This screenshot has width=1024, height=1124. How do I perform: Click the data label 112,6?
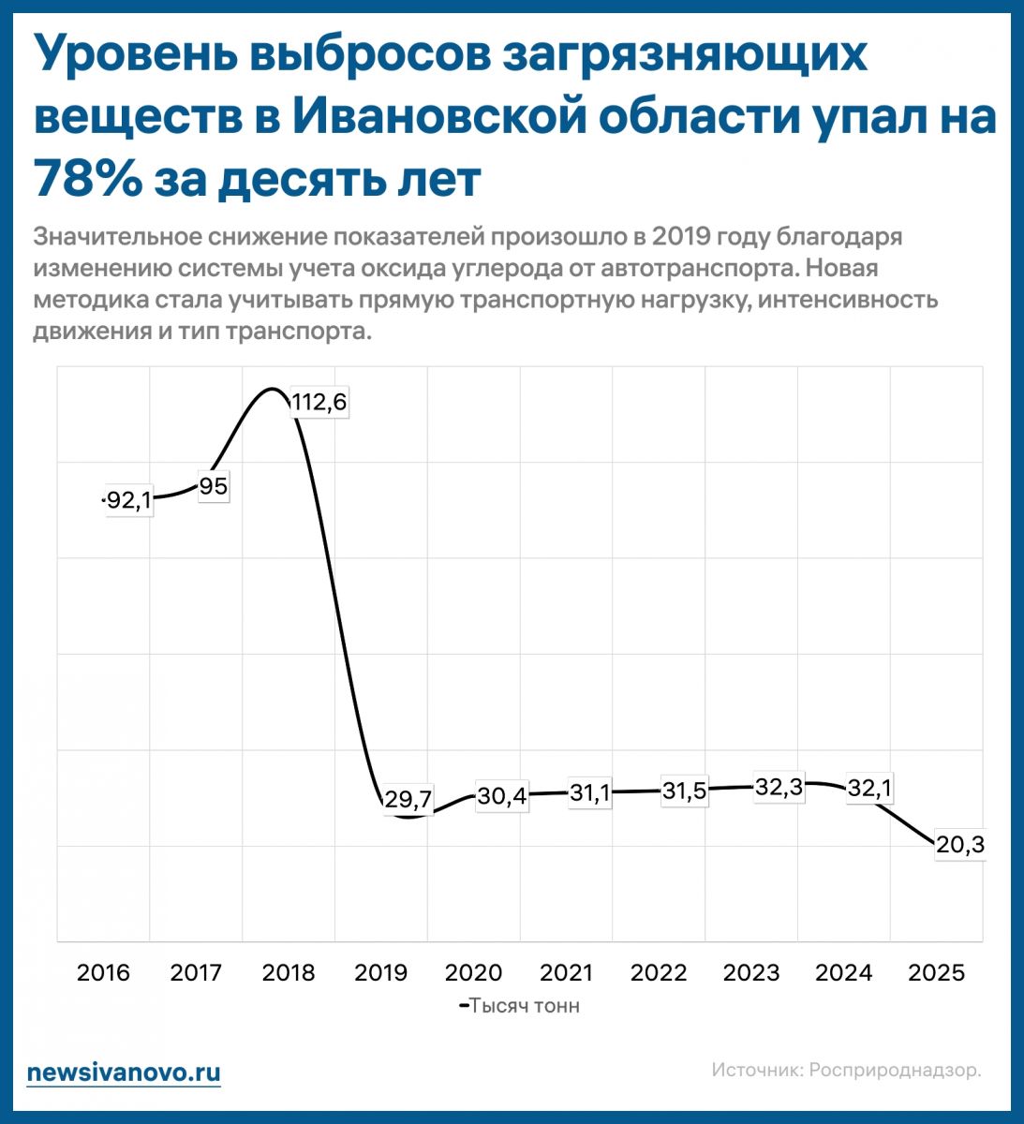tap(319, 403)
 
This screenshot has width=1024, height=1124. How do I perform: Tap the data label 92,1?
tap(127, 500)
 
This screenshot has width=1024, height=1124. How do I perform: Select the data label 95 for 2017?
tap(213, 487)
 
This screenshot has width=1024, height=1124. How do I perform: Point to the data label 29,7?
tap(408, 800)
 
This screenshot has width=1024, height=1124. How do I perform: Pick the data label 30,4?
tap(501, 796)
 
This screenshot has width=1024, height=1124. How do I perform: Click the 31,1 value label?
tap(590, 793)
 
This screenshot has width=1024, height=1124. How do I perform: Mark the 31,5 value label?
tap(684, 791)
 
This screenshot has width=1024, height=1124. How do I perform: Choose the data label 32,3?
tap(779, 788)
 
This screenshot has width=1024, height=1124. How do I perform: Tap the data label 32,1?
tap(868, 790)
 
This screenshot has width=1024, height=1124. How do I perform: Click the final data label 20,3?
tap(960, 845)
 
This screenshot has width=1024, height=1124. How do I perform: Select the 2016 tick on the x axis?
tap(104, 973)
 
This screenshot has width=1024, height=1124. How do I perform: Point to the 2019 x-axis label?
tap(381, 973)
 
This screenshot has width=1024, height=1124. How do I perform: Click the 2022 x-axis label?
tap(659, 973)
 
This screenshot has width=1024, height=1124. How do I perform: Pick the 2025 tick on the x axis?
tap(936, 973)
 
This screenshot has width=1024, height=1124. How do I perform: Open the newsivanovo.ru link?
tap(124, 1072)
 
